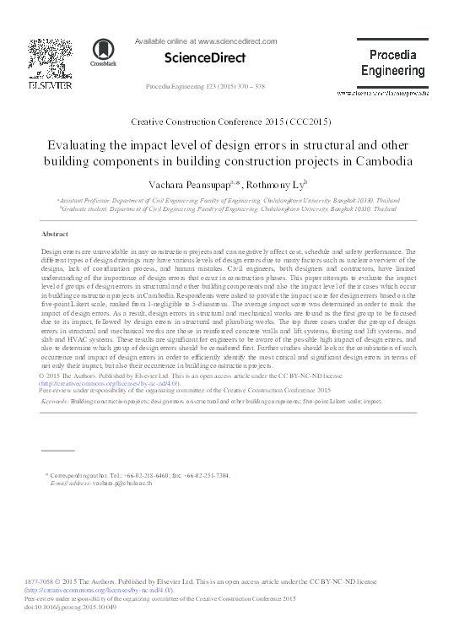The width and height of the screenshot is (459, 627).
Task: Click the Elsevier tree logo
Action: (43, 59)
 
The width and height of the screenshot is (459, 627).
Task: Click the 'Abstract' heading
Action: (55, 234)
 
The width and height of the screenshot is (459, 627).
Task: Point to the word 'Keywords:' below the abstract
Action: (54, 403)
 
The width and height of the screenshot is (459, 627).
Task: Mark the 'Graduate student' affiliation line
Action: (228, 208)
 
